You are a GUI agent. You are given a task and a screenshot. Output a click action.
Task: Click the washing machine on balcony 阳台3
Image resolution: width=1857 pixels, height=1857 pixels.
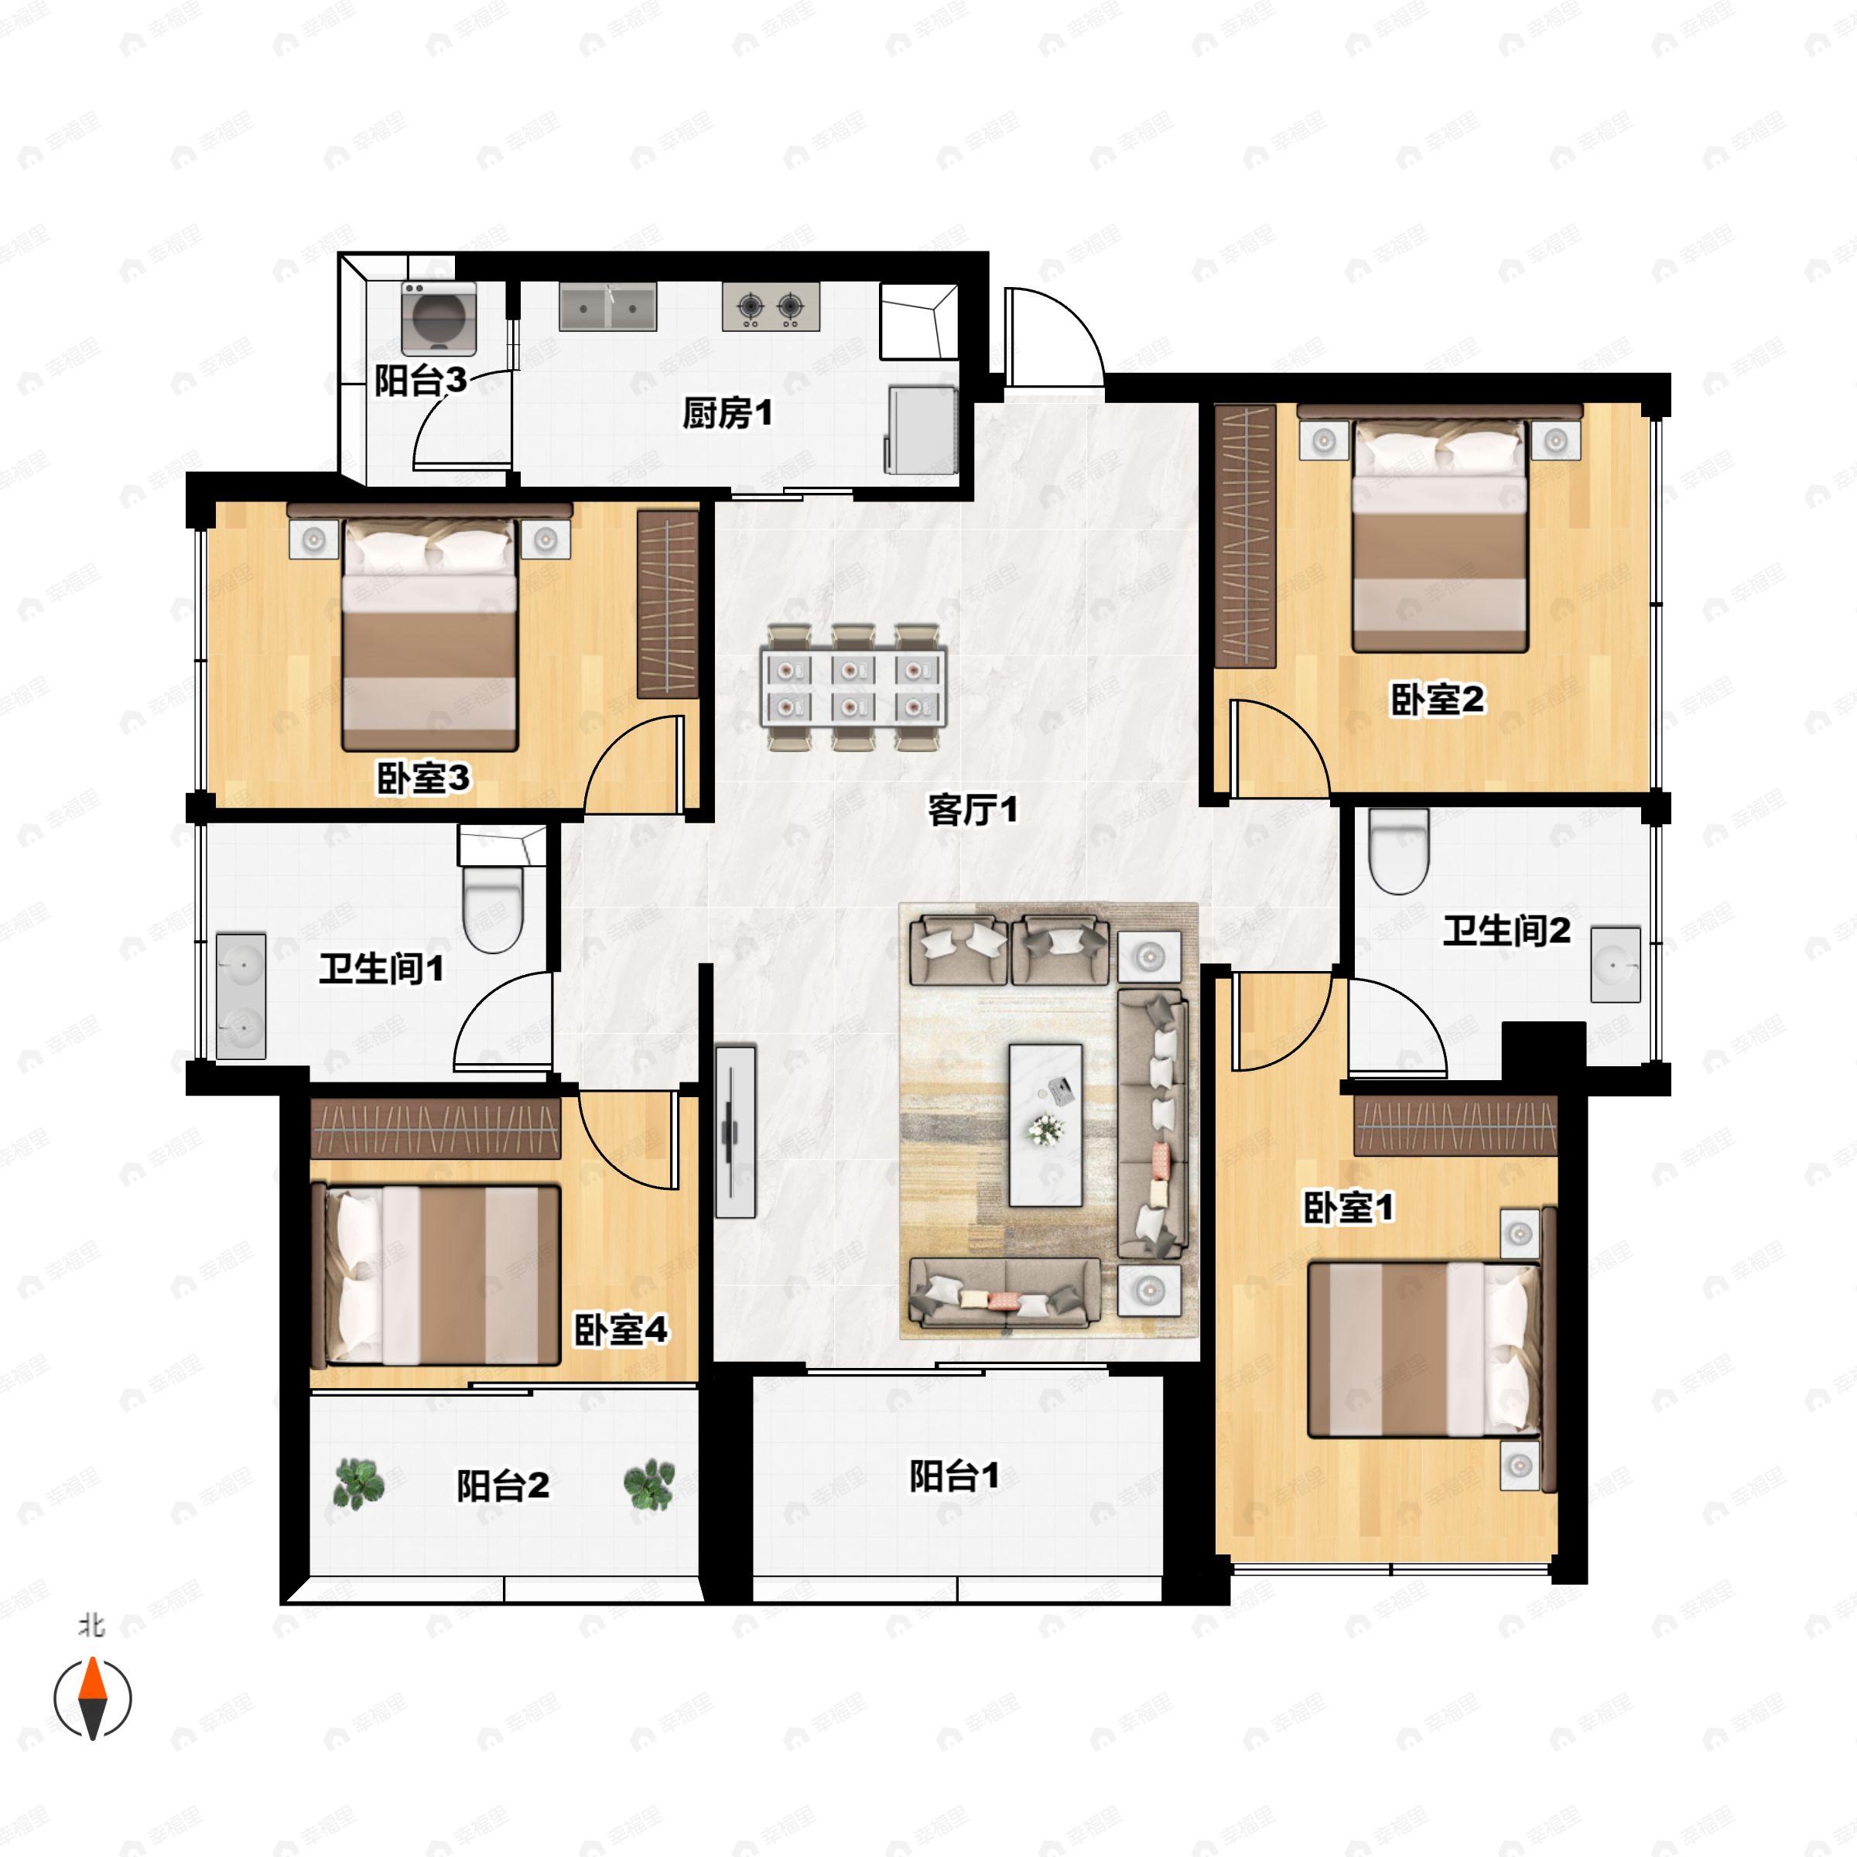[438, 318]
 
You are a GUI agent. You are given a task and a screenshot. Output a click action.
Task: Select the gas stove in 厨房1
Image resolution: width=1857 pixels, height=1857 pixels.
[771, 306]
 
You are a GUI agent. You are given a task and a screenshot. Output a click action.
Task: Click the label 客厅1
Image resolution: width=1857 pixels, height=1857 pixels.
[972, 809]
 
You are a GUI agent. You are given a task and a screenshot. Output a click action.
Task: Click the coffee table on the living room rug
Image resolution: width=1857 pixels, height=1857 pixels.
[1045, 1124]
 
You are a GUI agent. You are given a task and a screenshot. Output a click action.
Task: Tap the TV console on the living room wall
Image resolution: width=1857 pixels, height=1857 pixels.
[735, 1131]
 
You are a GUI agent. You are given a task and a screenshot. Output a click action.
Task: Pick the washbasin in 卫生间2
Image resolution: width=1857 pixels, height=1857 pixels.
[1616, 964]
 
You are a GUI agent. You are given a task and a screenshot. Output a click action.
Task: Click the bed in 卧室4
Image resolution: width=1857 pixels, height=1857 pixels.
[442, 1274]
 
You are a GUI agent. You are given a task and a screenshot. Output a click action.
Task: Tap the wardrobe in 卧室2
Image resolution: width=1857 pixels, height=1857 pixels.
[1245, 535]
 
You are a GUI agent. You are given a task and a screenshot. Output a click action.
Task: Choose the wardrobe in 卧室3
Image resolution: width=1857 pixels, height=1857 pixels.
[668, 604]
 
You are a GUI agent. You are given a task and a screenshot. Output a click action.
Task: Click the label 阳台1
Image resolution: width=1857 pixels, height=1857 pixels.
[955, 1476]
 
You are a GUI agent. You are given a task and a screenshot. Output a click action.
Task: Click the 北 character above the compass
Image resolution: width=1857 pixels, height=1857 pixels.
[92, 1626]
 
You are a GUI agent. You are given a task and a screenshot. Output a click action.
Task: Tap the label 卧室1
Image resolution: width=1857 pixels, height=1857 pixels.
[1348, 1207]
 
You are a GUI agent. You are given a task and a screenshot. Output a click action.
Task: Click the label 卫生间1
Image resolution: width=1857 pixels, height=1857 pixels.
[381, 968]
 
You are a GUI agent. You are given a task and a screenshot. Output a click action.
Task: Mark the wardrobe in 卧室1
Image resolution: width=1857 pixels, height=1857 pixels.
[1455, 1126]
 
